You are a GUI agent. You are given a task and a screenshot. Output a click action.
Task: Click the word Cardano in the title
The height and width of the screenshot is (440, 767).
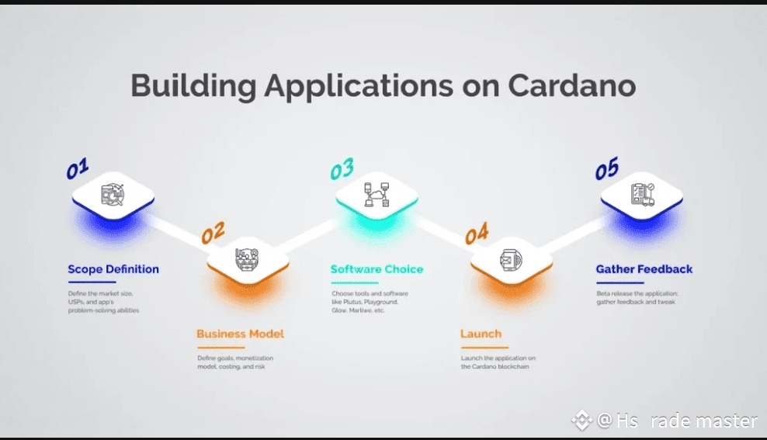(571, 85)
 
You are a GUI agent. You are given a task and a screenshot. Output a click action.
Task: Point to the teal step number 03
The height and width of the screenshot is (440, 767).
(342, 169)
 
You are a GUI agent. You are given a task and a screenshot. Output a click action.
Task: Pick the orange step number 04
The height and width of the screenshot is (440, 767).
(477, 233)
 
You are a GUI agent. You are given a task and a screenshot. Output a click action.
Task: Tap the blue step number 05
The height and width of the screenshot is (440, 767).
(607, 169)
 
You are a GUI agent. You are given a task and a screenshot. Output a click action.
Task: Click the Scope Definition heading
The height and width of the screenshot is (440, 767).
(113, 269)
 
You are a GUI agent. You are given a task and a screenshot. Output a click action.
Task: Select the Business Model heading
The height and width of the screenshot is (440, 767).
(240, 334)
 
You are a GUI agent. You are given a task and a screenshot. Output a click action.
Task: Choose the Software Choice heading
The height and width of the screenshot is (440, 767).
(377, 269)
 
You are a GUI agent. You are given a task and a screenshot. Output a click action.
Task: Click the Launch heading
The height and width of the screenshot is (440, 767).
(481, 334)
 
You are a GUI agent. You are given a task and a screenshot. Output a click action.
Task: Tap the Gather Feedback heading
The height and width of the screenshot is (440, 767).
(644, 269)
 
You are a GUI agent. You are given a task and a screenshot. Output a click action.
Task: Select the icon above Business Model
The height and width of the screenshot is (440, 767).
(247, 258)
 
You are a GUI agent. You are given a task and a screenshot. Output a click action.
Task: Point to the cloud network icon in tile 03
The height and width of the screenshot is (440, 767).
(377, 194)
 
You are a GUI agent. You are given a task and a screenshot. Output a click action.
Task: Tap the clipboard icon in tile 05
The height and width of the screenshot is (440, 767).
(642, 193)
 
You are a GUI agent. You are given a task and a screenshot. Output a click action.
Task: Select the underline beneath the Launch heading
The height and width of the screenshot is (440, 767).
(481, 347)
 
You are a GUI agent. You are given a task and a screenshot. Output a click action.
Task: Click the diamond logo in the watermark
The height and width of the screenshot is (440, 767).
(581, 421)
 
